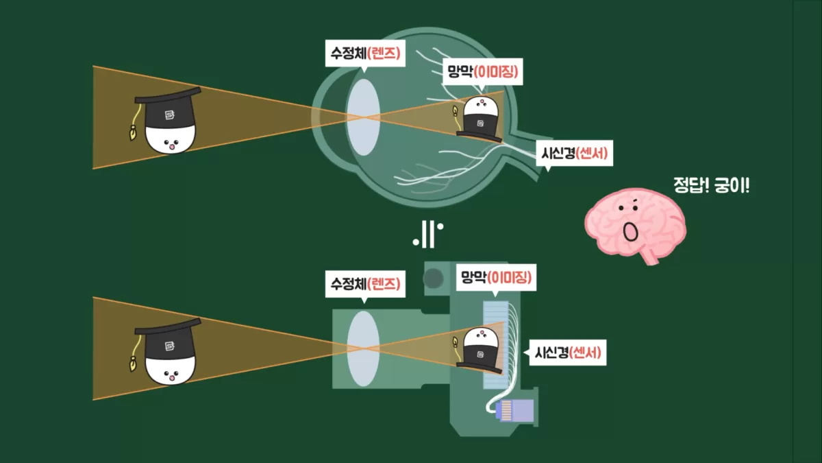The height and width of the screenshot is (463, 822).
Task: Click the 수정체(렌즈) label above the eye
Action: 363,53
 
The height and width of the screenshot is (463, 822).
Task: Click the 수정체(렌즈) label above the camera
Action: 363,284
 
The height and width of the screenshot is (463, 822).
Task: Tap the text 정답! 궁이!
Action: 712,185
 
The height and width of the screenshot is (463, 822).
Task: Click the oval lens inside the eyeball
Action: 362,117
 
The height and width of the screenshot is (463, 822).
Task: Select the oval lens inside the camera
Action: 362,348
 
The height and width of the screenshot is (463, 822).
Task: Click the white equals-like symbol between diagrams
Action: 427,235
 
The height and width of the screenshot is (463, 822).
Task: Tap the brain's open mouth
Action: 630,233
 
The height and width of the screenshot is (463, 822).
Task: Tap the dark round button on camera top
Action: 432,278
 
